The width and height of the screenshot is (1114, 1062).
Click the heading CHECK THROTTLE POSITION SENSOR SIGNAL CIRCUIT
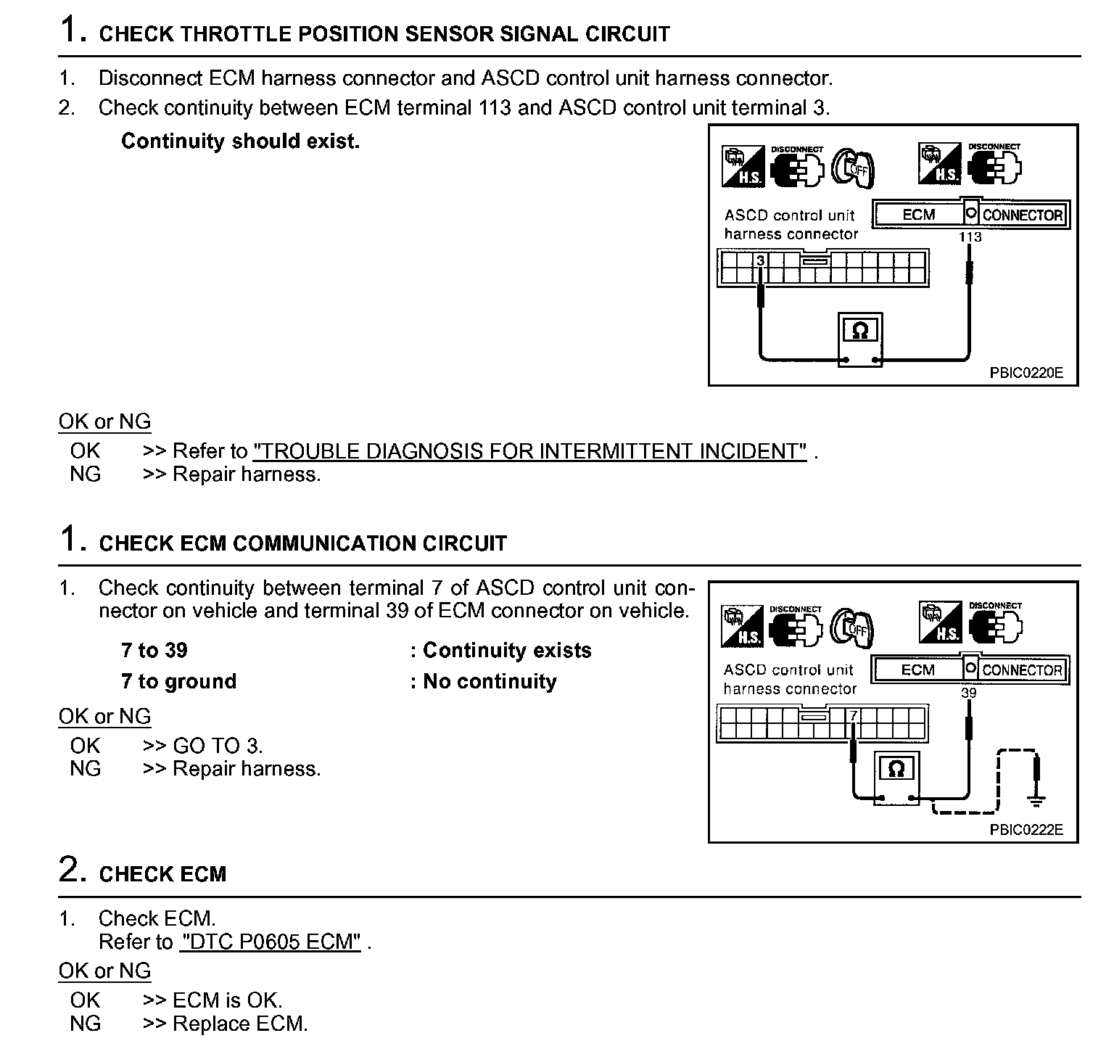(384, 34)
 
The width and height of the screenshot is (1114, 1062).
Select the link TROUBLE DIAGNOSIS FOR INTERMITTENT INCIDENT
(529, 451)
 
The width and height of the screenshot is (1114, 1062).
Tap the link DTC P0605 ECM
(271, 942)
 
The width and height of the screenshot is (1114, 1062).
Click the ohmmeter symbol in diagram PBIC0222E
(896, 770)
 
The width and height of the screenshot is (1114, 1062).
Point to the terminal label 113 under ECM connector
(970, 237)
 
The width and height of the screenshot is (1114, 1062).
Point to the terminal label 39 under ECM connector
(969, 693)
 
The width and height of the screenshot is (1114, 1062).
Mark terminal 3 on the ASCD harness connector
(761, 260)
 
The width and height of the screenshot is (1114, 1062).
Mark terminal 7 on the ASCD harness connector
(854, 716)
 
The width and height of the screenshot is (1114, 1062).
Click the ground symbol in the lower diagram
(1037, 801)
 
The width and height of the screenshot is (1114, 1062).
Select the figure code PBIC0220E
(1026, 373)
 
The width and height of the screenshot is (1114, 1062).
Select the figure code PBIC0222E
(1026, 830)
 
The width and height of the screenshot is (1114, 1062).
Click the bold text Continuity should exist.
(240, 141)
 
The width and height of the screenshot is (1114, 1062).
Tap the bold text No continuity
(490, 681)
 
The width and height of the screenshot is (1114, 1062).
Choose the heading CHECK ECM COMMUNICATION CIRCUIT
(302, 543)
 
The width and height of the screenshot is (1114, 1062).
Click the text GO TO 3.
(218, 746)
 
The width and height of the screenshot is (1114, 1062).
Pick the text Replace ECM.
(240, 1024)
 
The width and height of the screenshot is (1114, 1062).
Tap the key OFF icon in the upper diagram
(853, 168)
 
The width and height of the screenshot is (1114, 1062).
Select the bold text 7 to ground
(178, 681)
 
